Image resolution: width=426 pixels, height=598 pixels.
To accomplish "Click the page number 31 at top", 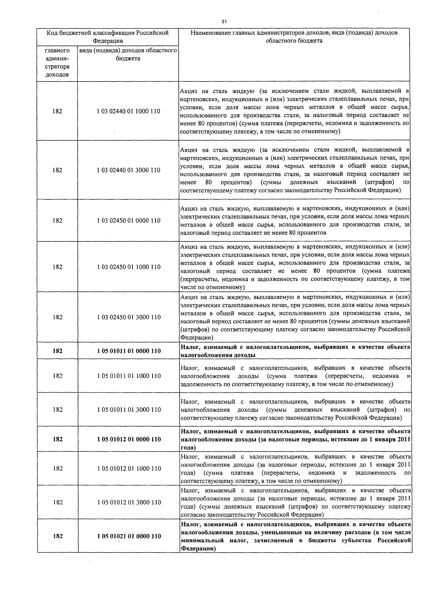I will pos(224,22).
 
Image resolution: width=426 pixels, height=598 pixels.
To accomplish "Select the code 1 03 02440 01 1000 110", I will pos(128,111).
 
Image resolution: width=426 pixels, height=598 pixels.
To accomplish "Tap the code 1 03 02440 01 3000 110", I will pos(128,170).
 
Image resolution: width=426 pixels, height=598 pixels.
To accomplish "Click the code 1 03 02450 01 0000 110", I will pos(128,221).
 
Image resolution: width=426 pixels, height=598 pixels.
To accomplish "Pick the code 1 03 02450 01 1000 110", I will pos(128,267).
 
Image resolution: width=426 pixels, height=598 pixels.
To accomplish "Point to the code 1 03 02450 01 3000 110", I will pos(128,317).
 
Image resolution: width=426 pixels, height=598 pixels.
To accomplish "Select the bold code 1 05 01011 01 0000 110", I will pos(128,351).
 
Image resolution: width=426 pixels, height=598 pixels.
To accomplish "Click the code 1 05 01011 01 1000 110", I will pos(128,376).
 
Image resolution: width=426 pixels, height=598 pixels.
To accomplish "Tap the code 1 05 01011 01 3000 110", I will pos(128,410).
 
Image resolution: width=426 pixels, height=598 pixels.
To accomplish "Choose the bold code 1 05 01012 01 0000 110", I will pos(128,439).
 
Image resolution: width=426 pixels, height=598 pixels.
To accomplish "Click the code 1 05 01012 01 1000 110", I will pos(128,469).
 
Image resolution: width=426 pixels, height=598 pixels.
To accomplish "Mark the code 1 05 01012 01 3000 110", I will pos(128,502).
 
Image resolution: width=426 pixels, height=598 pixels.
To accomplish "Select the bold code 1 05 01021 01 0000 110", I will pos(128,536).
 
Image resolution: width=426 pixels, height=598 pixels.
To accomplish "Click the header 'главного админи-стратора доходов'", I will pos(57,63).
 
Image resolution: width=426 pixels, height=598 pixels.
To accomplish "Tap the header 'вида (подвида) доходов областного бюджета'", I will pos(128,55).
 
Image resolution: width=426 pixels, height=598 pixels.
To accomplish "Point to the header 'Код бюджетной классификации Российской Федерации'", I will pos(108,37).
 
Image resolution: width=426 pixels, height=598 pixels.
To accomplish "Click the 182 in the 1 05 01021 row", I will pos(58,536).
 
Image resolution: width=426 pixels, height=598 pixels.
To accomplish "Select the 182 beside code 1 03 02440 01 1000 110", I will pos(57,111).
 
